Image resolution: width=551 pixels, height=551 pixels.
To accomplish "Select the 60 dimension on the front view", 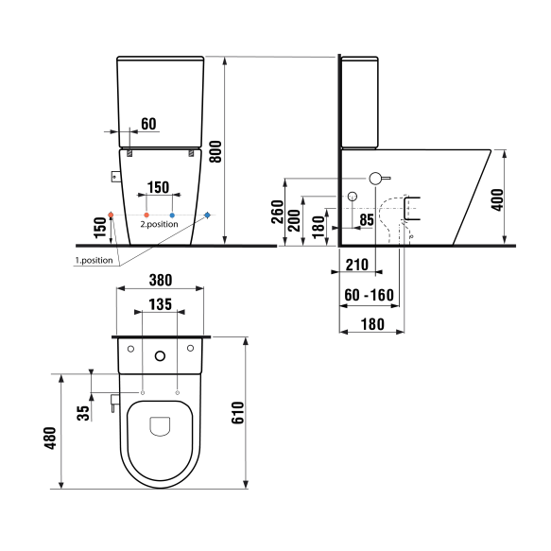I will pyautogui.click(x=148, y=124).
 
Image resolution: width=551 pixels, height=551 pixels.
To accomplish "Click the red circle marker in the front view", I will pyautogui.click(x=146, y=215).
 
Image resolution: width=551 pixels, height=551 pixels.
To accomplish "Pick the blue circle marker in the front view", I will pyautogui.click(x=172, y=215).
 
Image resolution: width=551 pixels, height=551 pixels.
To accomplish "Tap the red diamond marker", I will pyautogui.click(x=112, y=215).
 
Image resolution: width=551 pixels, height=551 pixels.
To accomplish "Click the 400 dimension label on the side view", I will pyautogui.click(x=498, y=198).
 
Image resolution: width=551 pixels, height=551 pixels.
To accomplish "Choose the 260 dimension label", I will pyautogui.click(x=276, y=212).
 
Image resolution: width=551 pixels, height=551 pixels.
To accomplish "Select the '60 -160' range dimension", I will pyautogui.click(x=369, y=296).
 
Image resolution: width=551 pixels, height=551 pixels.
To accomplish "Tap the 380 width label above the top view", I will pyautogui.click(x=160, y=279).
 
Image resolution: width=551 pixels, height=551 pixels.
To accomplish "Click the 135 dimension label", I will pyautogui.click(x=160, y=305).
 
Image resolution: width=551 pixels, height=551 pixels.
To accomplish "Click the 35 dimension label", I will pyautogui.click(x=82, y=412).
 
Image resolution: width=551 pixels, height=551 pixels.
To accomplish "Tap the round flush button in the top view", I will pyautogui.click(x=159, y=356).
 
